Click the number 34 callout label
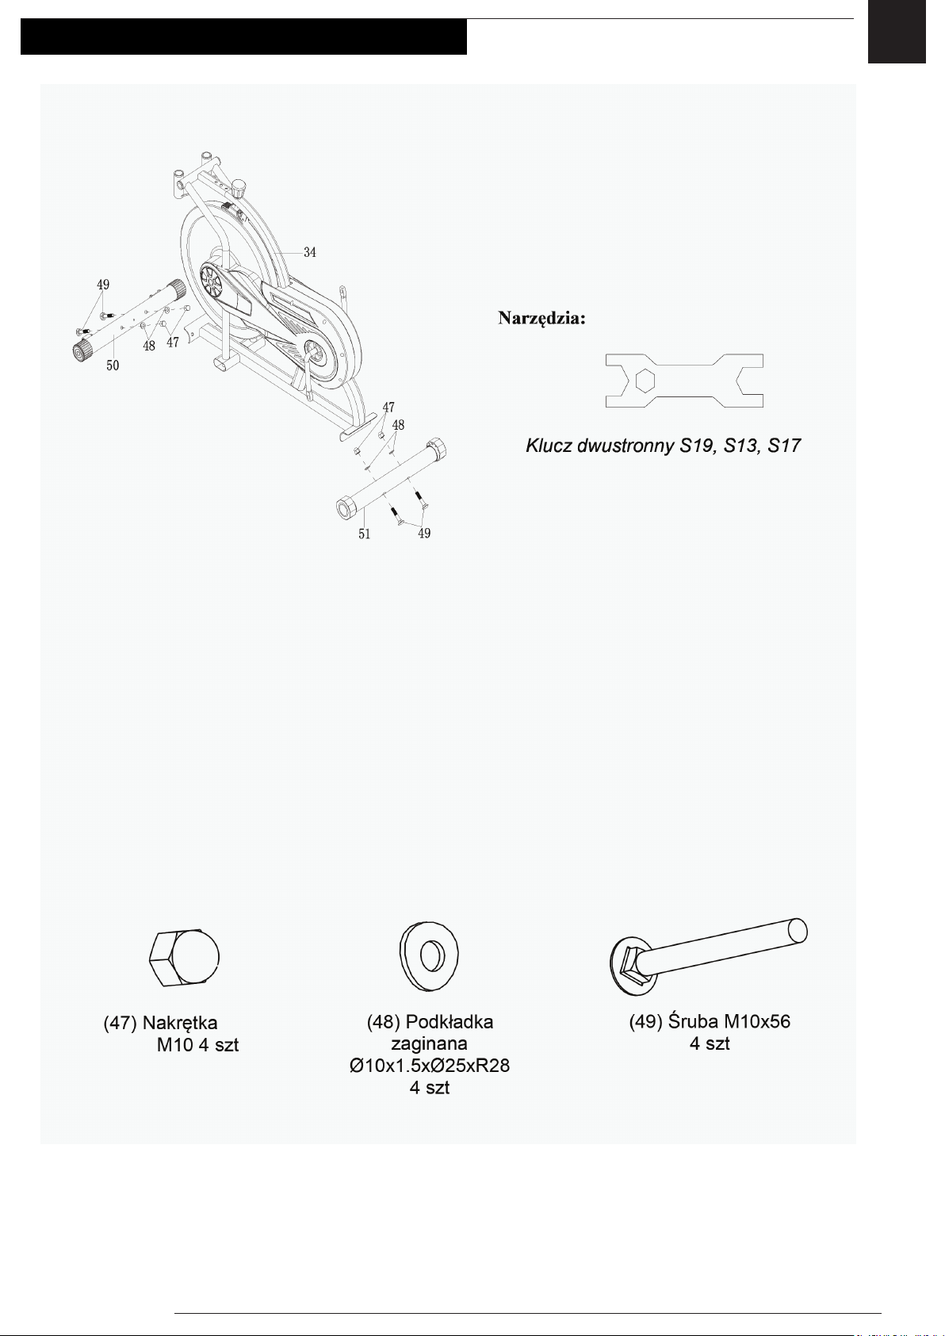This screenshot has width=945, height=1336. (310, 252)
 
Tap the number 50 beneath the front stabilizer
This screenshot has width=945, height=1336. (113, 366)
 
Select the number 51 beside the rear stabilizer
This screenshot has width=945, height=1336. (364, 534)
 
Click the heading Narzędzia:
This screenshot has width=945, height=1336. (542, 319)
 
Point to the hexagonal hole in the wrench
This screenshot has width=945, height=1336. (645, 381)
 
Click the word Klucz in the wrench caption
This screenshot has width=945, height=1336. (549, 446)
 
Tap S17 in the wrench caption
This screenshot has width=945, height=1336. (783, 446)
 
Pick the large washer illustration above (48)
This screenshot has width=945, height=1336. (430, 955)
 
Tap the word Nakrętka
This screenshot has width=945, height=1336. (180, 1023)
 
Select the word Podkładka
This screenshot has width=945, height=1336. (450, 1021)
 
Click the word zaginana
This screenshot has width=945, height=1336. (429, 1043)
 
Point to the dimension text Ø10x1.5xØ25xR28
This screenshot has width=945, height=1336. (429, 1066)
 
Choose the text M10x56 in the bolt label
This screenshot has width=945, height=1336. (757, 1021)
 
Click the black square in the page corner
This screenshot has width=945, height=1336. (896, 32)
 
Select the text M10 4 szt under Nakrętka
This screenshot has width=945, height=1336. (197, 1045)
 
